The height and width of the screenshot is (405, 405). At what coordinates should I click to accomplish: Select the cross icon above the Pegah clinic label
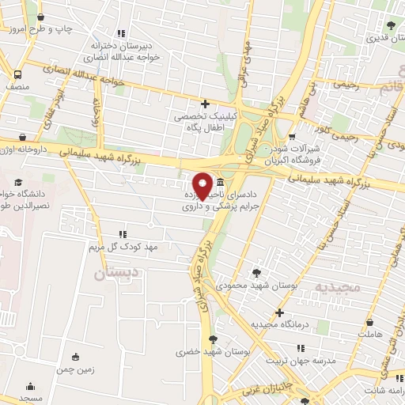pos(205,104)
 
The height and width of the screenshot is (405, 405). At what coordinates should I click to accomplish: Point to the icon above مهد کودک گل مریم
pos(121,234)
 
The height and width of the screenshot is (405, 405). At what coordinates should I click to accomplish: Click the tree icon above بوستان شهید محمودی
pos(257,271)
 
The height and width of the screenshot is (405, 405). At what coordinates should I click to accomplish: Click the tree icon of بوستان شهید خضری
pos(212,339)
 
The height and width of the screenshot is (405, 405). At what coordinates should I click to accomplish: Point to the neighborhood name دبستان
pos(111,275)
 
